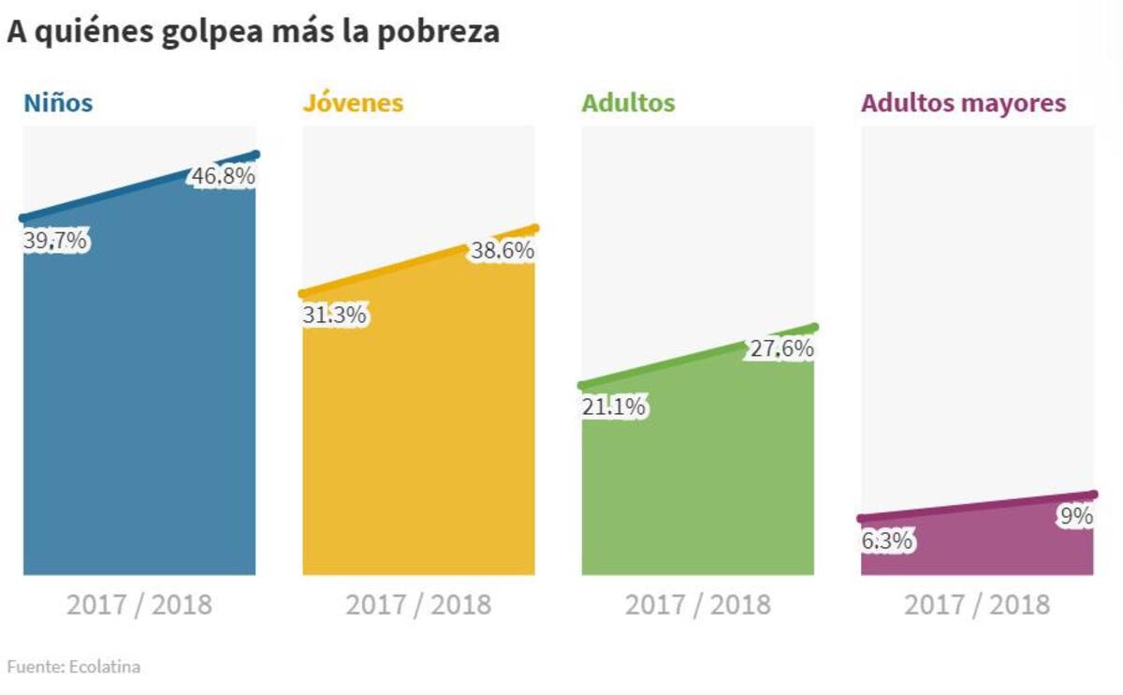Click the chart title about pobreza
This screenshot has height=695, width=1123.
pyautogui.click(x=253, y=31)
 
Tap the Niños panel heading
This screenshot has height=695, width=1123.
pyautogui.click(x=58, y=103)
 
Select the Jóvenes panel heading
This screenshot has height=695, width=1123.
pyautogui.click(x=352, y=103)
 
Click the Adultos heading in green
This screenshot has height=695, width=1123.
pyautogui.click(x=628, y=103)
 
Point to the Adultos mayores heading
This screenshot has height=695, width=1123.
pyautogui.click(x=963, y=103)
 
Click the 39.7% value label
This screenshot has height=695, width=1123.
pyautogui.click(x=55, y=241)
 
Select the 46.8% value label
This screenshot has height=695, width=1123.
pyautogui.click(x=223, y=176)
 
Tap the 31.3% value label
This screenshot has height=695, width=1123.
pyautogui.click(x=334, y=316)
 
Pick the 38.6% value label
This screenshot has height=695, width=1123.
pyautogui.click(x=503, y=250)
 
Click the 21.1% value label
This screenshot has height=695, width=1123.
pyautogui.click(x=613, y=407)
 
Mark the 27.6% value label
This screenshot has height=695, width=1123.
pyautogui.click(x=781, y=349)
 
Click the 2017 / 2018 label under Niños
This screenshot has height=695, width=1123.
pyautogui.click(x=139, y=604)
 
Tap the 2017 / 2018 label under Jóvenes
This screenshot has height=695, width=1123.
pyautogui.click(x=418, y=604)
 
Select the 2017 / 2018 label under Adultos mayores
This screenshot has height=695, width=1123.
pyautogui.click(x=977, y=604)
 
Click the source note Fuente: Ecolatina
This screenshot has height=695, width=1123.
pyautogui.click(x=74, y=667)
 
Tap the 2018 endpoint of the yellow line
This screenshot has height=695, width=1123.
pyautogui.click(x=535, y=228)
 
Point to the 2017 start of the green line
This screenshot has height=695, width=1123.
pyautogui.click(x=582, y=385)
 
